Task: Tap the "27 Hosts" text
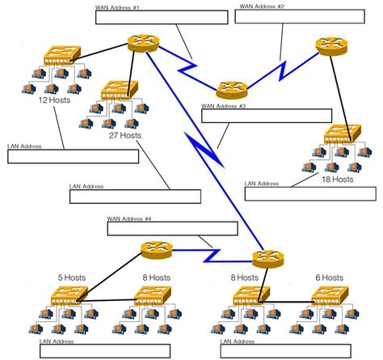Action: pos(124,135)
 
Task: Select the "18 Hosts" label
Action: pos(337,179)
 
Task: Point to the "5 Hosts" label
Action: pos(71,277)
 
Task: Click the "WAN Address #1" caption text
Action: pos(117,6)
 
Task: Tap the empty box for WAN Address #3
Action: pos(266,116)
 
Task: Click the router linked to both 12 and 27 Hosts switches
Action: pos(145,44)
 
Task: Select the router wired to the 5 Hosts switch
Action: pos(154,250)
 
